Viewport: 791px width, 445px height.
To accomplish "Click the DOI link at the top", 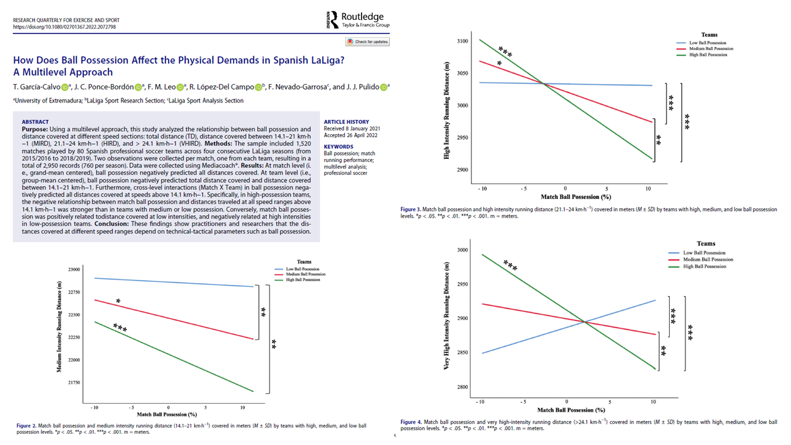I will [64, 27].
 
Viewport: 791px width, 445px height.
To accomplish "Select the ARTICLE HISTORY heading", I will [346, 122].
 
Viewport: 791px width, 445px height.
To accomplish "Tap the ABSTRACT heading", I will [36, 122].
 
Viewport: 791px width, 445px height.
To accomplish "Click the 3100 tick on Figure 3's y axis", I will [462, 41].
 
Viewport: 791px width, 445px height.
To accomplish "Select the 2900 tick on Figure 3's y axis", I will [462, 170].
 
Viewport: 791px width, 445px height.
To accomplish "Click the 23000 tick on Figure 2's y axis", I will [74, 269].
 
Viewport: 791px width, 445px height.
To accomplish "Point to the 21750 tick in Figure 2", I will [74, 383].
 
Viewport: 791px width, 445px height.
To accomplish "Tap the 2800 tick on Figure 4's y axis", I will [462, 388].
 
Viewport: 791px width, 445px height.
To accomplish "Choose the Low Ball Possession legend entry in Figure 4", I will [705, 253].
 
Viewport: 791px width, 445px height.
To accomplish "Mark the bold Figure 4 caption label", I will [411, 422].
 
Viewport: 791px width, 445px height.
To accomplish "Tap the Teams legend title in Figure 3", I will [709, 35].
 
